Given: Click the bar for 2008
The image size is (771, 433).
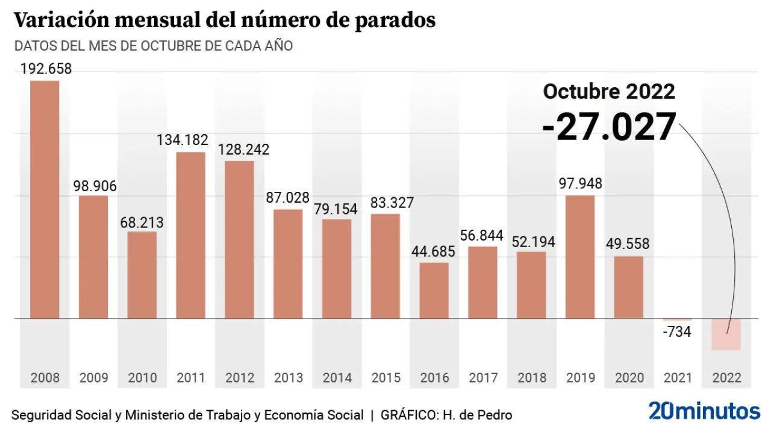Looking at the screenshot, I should pos(45,198).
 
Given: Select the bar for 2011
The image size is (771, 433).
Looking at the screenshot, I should pos(191,235).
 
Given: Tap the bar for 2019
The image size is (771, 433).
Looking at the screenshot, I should pos(580,256).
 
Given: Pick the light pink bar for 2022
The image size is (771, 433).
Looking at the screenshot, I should pos(725,334).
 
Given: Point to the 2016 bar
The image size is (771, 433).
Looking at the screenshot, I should pos(434,290).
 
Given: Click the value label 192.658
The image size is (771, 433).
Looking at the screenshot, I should pos(46,69).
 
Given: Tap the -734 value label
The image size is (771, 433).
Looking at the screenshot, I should pos(677,331).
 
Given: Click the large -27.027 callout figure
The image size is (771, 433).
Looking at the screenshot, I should pos(609,127).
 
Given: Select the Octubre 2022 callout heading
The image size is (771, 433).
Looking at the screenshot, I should pos(609,91).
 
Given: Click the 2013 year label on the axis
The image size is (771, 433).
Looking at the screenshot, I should pos(289,378).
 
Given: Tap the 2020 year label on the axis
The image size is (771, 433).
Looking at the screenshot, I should pos(629,378).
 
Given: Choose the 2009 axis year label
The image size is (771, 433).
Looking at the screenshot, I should pos(94,378).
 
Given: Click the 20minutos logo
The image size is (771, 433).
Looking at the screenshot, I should pos(704,411).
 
